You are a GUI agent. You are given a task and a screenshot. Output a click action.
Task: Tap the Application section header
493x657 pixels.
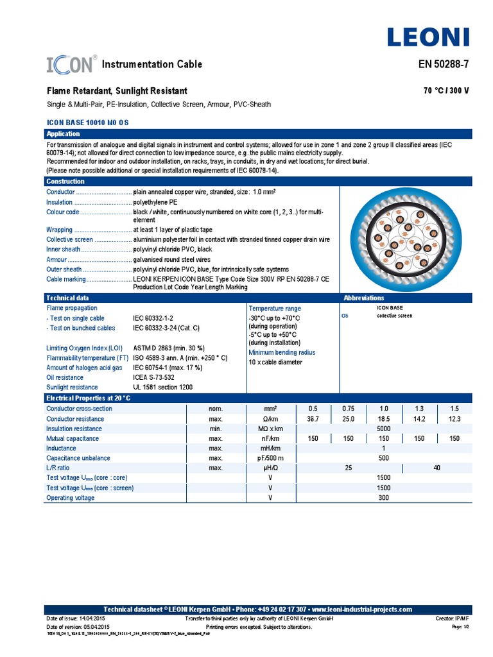pos(63,134)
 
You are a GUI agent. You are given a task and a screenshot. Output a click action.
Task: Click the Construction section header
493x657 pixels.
pos(66,182)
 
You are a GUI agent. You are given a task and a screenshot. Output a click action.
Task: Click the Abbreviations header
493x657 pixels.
pos(363,298)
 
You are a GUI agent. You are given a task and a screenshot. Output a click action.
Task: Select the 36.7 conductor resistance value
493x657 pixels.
pos(313,419)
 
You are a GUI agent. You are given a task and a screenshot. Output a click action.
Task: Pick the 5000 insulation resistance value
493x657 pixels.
pos(383,429)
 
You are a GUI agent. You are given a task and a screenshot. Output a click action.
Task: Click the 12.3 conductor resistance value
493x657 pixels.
pos(454,419)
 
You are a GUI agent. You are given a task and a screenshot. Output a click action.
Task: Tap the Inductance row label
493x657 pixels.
pos(61,448)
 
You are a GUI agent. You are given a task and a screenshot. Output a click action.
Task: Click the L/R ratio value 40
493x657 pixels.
pos(437,468)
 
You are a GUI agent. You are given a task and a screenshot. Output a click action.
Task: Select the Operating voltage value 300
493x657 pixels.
pos(383,498)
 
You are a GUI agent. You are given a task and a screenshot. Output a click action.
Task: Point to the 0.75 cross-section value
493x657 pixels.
pos(348,409)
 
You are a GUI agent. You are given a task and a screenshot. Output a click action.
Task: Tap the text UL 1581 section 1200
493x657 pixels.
pos(162,388)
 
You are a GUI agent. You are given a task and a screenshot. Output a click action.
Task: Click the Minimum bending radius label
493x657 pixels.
pos(282,352)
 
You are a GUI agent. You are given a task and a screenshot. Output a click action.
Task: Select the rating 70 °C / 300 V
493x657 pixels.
pos(446,91)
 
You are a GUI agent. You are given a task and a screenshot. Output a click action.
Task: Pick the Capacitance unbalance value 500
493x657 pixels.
pos(383,458)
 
